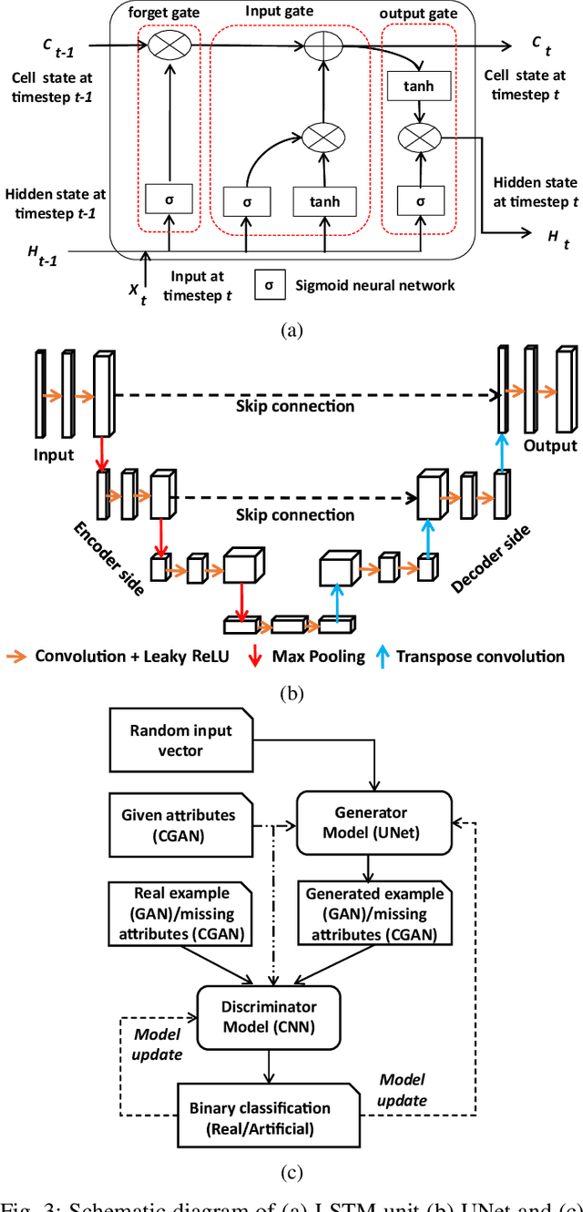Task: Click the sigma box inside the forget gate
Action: point(169,198)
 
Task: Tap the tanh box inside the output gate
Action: point(419,87)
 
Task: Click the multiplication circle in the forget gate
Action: point(169,44)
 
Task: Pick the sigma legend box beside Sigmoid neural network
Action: point(269,285)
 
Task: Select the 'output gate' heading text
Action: point(419,14)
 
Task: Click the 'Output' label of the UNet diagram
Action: point(549,445)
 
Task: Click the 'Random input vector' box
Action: point(181,740)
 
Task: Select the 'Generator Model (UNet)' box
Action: point(373,821)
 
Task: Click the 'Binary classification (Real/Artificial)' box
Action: point(261,1117)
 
